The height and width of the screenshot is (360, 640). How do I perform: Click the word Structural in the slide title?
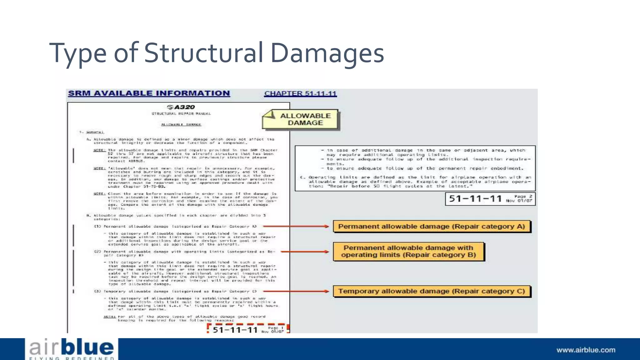[204, 53]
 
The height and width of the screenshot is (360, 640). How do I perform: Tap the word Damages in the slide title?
[327, 53]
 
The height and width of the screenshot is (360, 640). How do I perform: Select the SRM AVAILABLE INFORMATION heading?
[149, 93]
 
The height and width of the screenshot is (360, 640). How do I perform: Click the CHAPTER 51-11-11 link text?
[300, 93]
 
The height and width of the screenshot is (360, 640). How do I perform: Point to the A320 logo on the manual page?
[181, 107]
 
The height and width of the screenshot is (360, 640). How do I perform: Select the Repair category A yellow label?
[431, 226]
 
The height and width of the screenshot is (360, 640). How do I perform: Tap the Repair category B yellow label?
[408, 251]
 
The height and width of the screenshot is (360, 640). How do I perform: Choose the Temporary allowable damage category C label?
[431, 291]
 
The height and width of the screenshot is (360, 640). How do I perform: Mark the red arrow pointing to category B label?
[305, 251]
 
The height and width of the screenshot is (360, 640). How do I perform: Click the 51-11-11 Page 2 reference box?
[490, 199]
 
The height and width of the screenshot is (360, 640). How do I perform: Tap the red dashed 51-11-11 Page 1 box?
[248, 329]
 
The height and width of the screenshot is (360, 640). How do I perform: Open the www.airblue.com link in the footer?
[586, 350]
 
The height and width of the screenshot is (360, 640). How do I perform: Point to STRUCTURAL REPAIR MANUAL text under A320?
[181, 114]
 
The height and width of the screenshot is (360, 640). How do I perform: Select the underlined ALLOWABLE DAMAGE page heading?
[181, 125]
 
